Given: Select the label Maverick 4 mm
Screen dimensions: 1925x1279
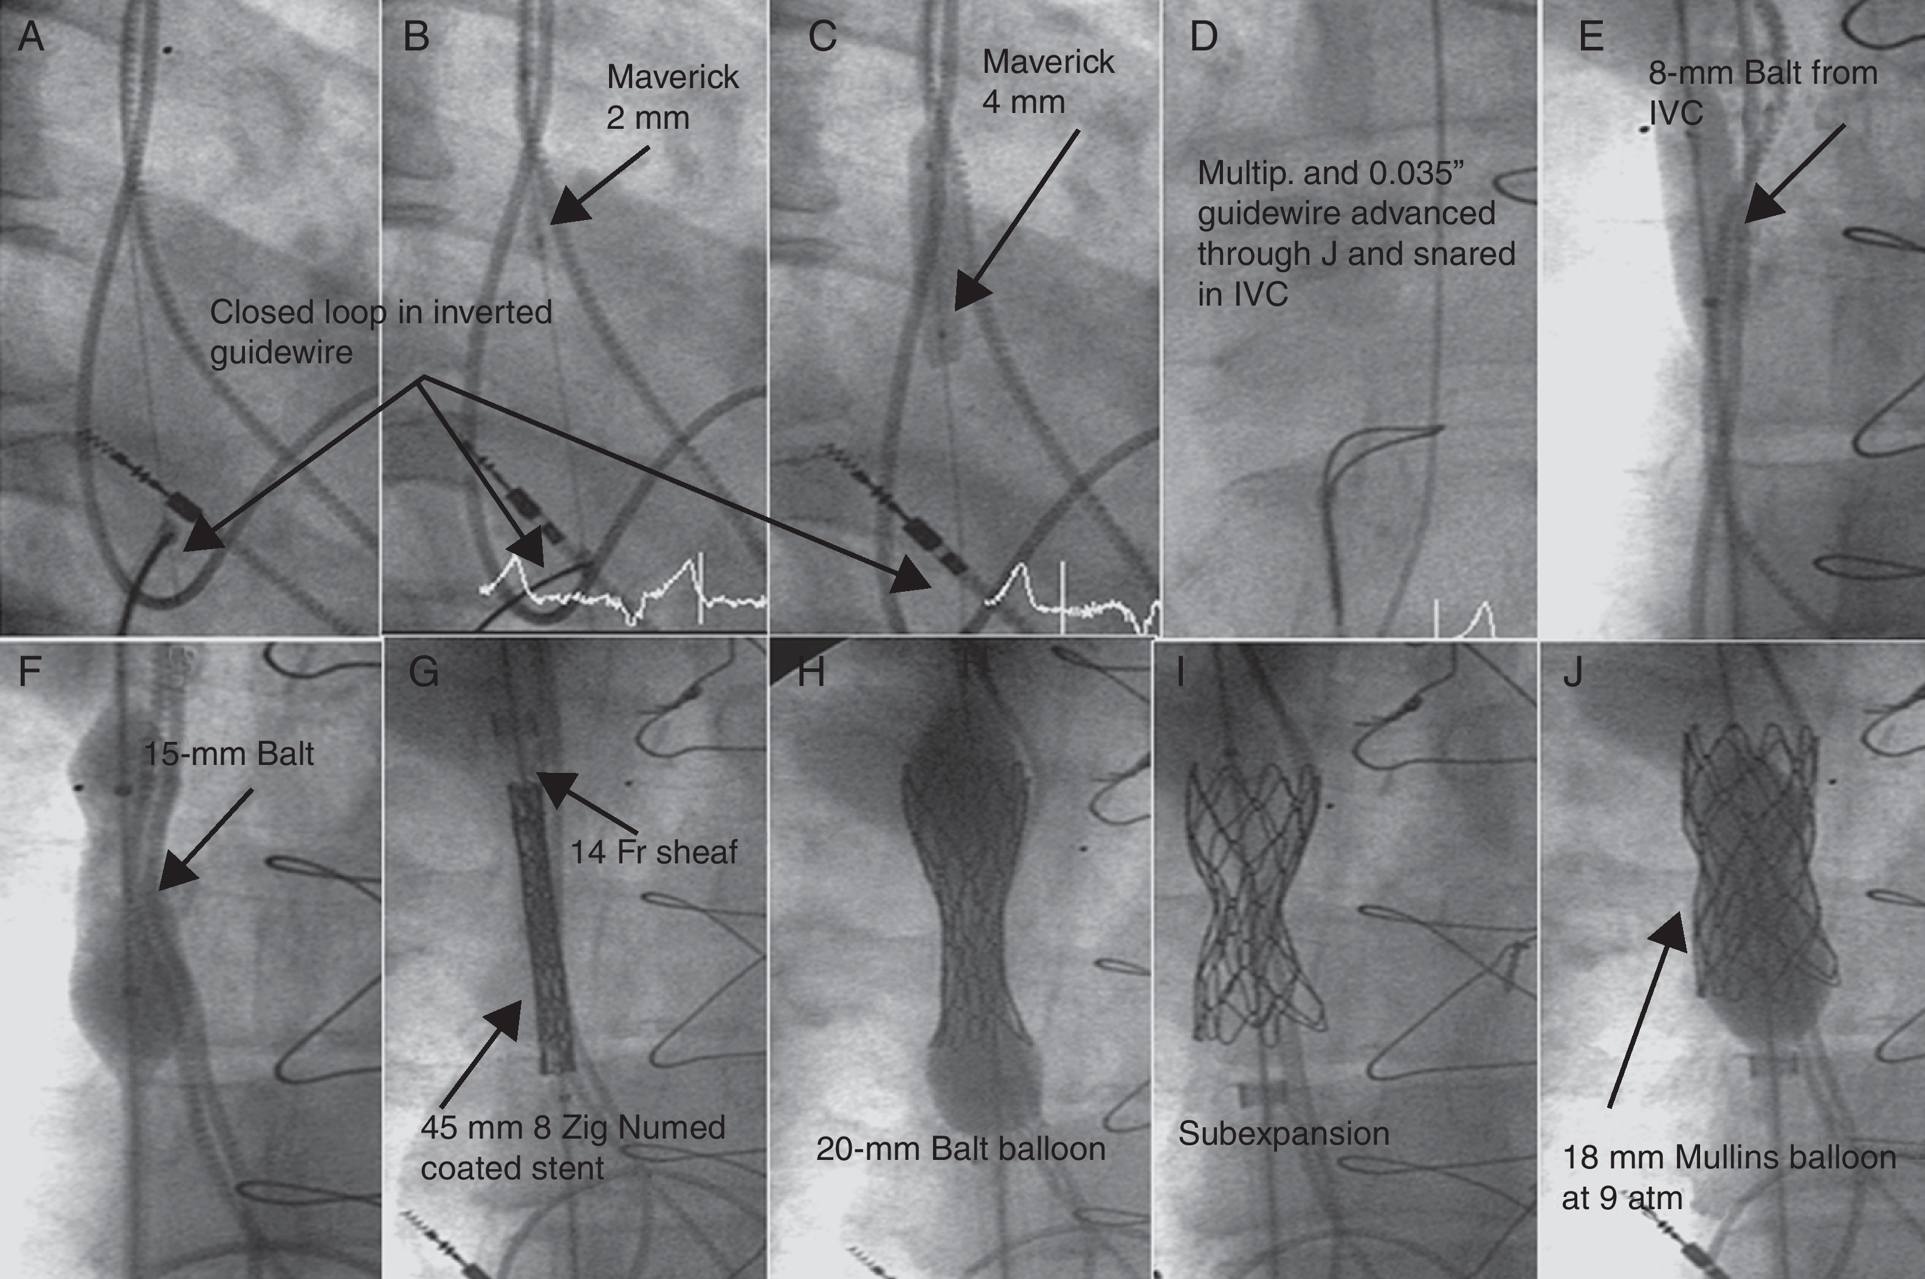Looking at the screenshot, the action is coord(1047,81).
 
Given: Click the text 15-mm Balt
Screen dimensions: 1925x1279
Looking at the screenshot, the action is coord(229,753).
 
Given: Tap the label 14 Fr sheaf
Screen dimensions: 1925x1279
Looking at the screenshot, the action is coord(653,852).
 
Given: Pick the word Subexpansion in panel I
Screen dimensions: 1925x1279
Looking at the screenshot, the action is coord(1283,1134).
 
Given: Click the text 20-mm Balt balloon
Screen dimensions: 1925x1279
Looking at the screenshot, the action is coord(960,1148).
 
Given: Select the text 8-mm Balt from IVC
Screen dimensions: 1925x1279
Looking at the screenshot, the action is coord(1763,92).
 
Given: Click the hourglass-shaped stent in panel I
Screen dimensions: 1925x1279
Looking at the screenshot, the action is coord(1253,905).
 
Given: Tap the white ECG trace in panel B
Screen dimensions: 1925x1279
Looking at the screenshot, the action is coord(620,595).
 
